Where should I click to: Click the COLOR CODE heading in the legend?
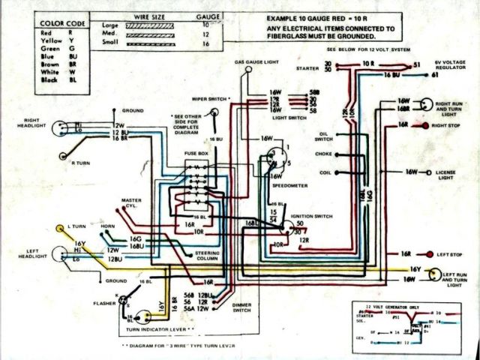pos(62,24)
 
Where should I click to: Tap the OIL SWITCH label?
pos(323,138)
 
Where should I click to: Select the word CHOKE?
pos(323,155)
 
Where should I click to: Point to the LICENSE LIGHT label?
pos(446,177)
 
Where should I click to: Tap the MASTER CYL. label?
pos(132,203)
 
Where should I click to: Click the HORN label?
pos(108,226)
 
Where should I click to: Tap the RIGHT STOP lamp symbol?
pos(424,125)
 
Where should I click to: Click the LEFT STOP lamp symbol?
pos(430,254)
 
